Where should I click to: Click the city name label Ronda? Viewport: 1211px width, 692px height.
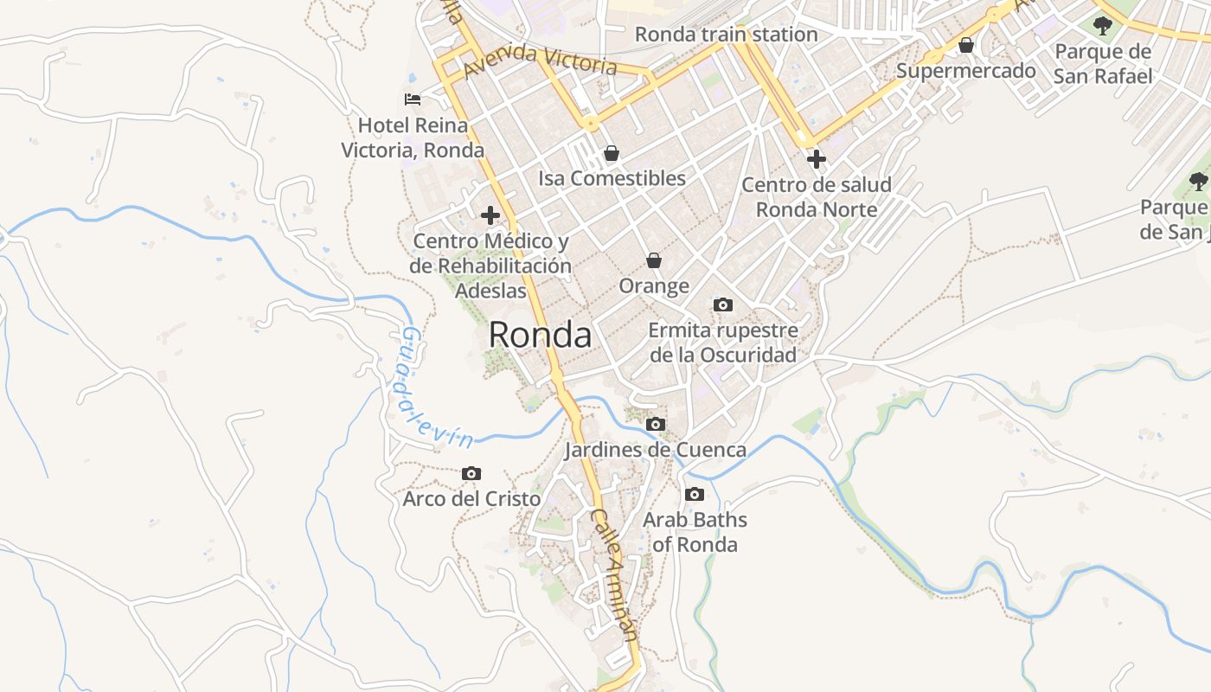tap(540, 335)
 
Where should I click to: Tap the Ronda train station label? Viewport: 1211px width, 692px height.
tap(726, 35)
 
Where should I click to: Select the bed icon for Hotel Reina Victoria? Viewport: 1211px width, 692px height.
tap(413, 99)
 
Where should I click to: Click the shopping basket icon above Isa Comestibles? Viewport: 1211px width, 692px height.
tap(612, 153)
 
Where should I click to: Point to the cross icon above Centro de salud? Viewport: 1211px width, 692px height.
tap(816, 158)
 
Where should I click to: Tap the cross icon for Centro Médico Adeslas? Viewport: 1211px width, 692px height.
tap(490, 215)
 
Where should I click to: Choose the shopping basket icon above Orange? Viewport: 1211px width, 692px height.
tap(654, 260)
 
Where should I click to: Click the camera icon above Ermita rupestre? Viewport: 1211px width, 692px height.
tap(722, 304)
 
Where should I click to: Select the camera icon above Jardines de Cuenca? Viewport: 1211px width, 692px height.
tap(656, 424)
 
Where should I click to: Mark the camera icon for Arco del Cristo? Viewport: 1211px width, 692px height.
tap(471, 473)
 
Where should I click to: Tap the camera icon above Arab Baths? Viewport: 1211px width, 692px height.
tap(694, 494)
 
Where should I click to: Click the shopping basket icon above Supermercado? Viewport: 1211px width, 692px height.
tap(965, 45)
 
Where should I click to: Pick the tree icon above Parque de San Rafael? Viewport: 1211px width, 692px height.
tap(1102, 26)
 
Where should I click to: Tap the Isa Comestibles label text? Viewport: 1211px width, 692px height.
tap(612, 178)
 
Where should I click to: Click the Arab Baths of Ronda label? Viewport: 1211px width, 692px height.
tap(695, 532)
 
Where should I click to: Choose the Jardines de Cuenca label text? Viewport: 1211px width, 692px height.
tap(655, 450)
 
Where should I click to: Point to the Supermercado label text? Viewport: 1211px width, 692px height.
tap(965, 70)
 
